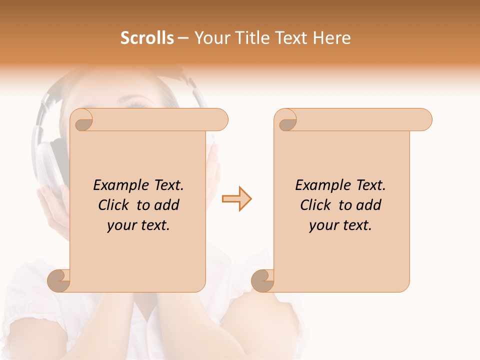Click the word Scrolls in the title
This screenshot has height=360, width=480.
point(147,38)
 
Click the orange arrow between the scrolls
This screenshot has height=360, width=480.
point(237,199)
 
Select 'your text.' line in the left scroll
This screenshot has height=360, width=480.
point(138,225)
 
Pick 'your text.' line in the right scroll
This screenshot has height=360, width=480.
point(340,225)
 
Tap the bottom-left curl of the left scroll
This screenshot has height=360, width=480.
point(59,280)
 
